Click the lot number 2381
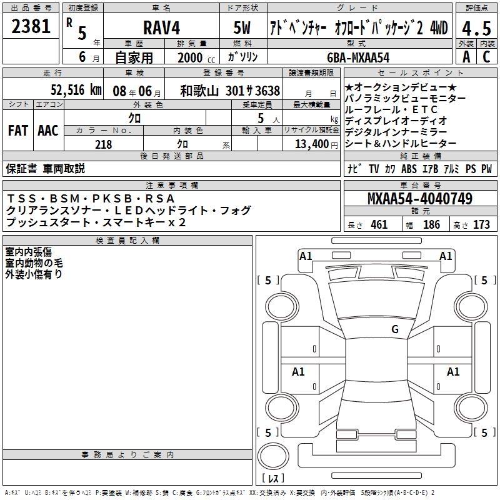(31, 26)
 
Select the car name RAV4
(162, 27)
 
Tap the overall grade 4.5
(476, 29)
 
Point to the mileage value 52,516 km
(76, 90)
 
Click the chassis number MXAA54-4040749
(420, 199)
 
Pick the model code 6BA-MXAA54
(358, 57)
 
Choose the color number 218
(103, 144)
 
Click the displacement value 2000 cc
(196, 57)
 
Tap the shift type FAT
(18, 131)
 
